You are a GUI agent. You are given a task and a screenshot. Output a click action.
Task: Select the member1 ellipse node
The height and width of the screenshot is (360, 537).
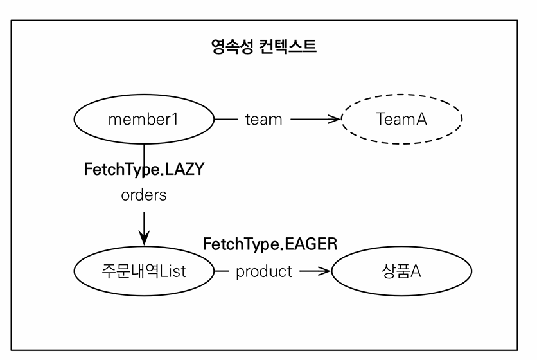click(x=143, y=119)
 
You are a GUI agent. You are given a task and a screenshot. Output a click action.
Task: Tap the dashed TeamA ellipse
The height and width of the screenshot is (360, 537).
click(x=401, y=119)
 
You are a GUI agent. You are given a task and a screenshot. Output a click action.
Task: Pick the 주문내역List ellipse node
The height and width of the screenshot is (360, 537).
click(x=143, y=271)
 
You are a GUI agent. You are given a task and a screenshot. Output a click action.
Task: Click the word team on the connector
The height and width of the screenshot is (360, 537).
click(x=263, y=119)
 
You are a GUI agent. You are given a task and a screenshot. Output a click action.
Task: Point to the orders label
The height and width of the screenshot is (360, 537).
click(x=143, y=195)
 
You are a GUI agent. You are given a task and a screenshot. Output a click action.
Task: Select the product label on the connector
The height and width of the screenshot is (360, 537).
click(x=263, y=271)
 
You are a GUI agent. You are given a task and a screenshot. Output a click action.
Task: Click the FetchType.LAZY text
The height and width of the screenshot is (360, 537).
click(x=144, y=170)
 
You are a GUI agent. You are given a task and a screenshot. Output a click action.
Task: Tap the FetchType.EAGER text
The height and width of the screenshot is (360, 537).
click(x=270, y=244)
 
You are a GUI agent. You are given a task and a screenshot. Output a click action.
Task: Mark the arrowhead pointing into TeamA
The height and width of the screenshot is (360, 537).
click(x=333, y=119)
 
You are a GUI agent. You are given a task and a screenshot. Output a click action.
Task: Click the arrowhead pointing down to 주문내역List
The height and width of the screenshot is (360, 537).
click(x=144, y=238)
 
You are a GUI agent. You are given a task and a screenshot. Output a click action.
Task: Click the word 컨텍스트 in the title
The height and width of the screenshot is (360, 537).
click(x=289, y=47)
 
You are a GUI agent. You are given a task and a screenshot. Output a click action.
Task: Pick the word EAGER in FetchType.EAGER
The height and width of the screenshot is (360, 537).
click(x=313, y=244)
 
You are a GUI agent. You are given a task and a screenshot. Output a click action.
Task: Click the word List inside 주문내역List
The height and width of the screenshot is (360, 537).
click(x=173, y=271)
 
